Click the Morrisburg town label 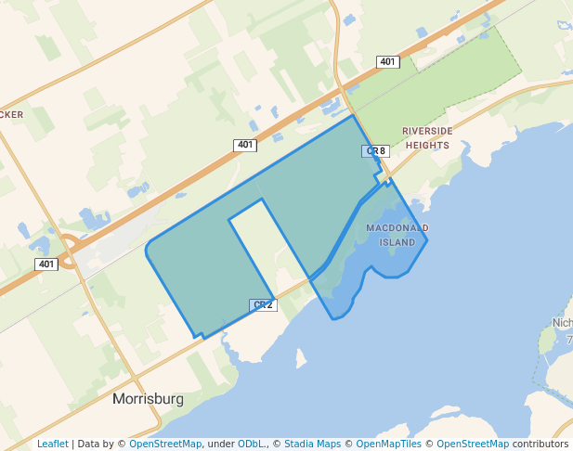148,399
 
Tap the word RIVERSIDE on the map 427,132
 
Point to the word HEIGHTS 427,145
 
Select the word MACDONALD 397,228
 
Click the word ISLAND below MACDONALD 397,242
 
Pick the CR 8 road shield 375,150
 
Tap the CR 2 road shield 264,305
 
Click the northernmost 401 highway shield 388,61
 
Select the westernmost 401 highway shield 46,264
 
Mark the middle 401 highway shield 244,145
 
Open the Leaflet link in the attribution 53,444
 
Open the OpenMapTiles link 389,444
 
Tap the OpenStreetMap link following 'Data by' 165,444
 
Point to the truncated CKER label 12,114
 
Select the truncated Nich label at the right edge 562,323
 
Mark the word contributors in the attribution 540,444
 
